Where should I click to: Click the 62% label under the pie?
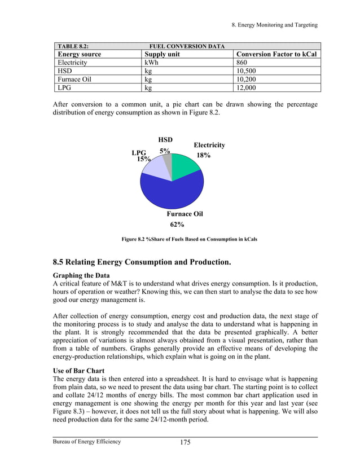(x=177, y=225)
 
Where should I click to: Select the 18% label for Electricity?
(x=203, y=155)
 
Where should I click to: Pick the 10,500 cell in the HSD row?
(x=246, y=72)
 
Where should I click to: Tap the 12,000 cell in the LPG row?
(x=246, y=88)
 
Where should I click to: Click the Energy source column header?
(x=80, y=54)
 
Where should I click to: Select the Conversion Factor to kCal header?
(x=276, y=54)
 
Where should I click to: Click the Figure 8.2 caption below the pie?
(x=190, y=239)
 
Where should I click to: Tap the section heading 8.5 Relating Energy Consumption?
(x=142, y=262)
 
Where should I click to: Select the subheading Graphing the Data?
(x=81, y=275)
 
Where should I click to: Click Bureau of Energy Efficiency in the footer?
(x=87, y=441)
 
